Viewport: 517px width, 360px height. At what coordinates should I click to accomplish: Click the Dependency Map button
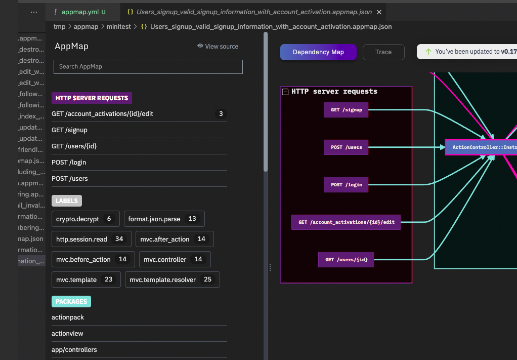click(x=318, y=52)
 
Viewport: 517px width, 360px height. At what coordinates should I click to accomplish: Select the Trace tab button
click(x=383, y=52)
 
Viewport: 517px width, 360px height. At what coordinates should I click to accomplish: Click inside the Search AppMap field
click(x=148, y=67)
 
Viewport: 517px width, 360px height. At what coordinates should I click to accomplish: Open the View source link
click(x=218, y=47)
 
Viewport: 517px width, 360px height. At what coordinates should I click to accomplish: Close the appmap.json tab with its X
click(x=379, y=12)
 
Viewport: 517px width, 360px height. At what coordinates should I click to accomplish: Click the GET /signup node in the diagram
click(x=346, y=110)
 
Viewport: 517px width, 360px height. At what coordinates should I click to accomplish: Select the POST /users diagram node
click(x=346, y=147)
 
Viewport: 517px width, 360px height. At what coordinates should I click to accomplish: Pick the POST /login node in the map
click(x=346, y=185)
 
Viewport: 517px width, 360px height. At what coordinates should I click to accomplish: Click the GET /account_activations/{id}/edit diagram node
click(x=346, y=222)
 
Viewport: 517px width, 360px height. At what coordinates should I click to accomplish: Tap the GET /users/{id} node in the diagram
click(x=346, y=260)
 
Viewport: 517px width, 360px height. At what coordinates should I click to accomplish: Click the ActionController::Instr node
click(x=481, y=147)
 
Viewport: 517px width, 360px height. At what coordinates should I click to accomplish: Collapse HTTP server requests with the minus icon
click(x=286, y=92)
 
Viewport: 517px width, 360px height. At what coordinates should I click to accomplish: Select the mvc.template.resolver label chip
click(x=172, y=279)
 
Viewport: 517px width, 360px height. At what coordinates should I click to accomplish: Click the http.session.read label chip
click(x=91, y=239)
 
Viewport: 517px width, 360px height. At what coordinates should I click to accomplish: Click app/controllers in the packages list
click(x=74, y=350)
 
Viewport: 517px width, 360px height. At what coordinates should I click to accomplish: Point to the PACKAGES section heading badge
click(x=71, y=302)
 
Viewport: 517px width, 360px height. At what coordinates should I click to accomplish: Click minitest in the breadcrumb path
click(x=117, y=26)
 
